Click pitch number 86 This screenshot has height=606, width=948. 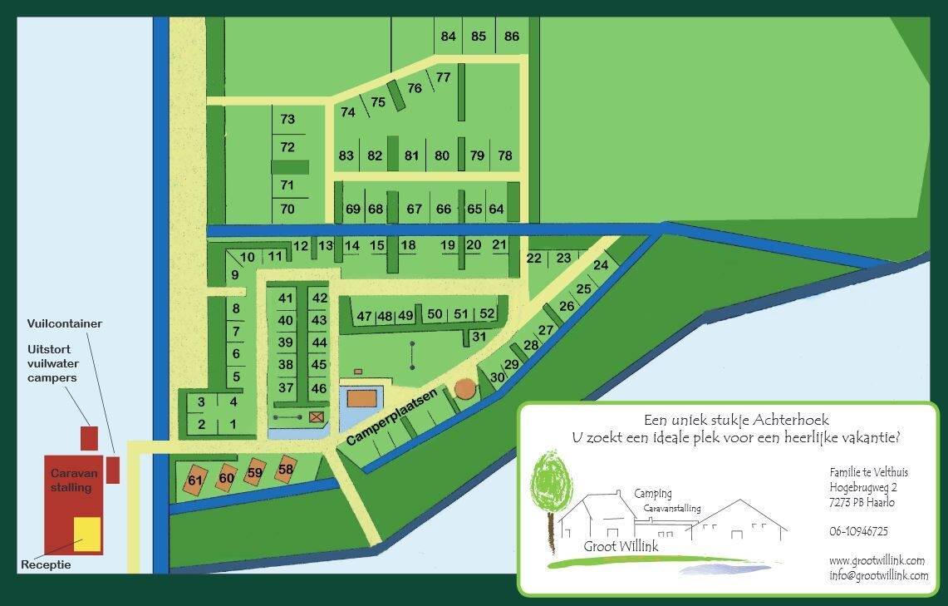pos(512,37)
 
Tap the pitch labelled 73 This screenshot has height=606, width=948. pos(287,120)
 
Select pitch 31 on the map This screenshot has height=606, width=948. pos(479,337)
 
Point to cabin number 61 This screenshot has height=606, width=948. pos(195,480)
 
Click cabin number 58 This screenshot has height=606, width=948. pos(286,470)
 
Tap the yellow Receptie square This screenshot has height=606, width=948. pos(87,534)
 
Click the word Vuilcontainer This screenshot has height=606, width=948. pos(64,323)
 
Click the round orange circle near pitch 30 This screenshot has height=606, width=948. pos(465,389)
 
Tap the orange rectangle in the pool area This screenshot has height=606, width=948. pos(362,398)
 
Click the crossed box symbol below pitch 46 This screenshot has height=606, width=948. pos(316,416)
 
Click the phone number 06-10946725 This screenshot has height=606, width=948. pos(858,531)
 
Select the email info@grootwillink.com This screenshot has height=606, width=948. pos(878,575)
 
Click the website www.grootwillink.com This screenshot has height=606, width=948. pos(877,561)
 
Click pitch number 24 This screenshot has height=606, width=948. pos(601,265)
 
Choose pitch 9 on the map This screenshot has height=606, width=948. pos(235,275)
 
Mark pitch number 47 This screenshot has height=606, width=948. pos(364,316)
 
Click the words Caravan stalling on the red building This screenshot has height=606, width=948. pos(74,480)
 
